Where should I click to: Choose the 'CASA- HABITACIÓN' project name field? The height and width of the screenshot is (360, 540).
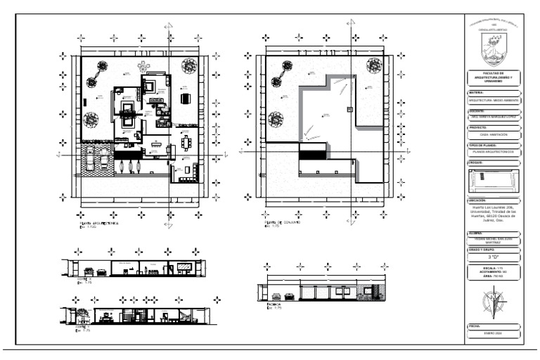tap(496, 134)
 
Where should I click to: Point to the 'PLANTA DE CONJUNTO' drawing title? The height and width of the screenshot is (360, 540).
tap(281, 222)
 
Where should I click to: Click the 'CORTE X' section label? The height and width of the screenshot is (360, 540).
tap(83, 279)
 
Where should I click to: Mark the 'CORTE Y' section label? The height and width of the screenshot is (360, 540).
tap(82, 327)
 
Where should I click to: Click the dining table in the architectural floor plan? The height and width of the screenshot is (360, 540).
tap(186, 143)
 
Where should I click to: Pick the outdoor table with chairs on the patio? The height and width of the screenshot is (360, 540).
tap(186, 98)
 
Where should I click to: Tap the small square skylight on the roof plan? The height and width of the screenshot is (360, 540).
tap(350, 108)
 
